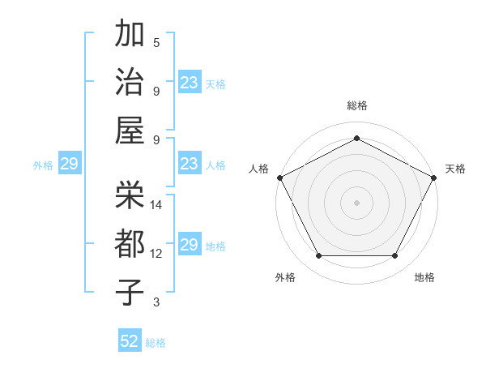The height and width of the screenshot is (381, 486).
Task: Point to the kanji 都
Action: pos(130,242)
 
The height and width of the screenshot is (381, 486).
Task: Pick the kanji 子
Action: pos(130,291)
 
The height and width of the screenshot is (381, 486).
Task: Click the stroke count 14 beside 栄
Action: pos(157,205)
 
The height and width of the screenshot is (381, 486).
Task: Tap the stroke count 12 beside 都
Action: pos(156,254)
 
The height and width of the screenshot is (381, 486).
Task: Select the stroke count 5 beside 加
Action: pos(156,43)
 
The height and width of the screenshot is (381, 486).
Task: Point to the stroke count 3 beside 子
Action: pos(156,303)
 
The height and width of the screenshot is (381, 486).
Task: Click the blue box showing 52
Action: pos(130,341)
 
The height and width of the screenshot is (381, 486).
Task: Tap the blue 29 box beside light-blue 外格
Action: pos(69,165)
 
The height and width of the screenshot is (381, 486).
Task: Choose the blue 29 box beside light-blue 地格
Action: pos(189,246)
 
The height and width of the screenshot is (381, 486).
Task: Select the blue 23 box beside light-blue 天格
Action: pos(189,83)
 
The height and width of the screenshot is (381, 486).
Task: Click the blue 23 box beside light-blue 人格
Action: pos(189,165)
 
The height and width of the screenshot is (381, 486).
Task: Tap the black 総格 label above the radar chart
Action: pos(357,105)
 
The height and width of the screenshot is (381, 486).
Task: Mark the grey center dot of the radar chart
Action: pos(357,202)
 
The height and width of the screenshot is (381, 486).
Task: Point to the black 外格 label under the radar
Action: pos(285,278)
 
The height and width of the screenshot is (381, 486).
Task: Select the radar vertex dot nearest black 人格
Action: pos(279,177)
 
